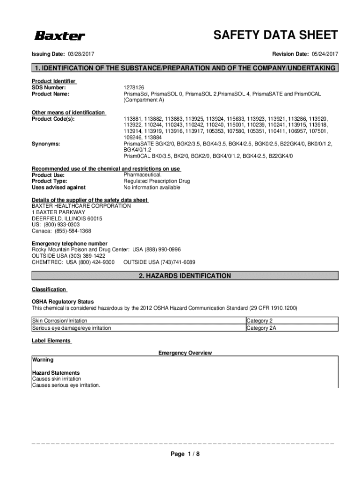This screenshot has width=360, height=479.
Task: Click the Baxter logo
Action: click(x=58, y=36)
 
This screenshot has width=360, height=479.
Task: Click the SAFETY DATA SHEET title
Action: click(x=275, y=35)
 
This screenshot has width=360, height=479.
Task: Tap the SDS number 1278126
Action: click(x=134, y=87)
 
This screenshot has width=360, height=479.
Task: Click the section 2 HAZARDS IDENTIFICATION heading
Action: click(x=185, y=276)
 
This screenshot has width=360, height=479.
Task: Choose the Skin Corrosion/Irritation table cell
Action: click(x=59, y=321)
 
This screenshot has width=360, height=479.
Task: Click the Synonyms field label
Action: click(x=45, y=144)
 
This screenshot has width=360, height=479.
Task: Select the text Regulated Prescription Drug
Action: click(x=157, y=181)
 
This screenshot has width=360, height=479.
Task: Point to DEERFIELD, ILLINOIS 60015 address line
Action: click(x=67, y=218)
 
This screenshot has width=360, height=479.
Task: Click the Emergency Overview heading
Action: click(x=185, y=353)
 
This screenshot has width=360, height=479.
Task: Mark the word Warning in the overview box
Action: click(x=43, y=360)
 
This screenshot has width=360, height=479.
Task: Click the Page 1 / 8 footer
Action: click(x=185, y=454)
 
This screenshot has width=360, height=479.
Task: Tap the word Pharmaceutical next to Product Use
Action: click(x=143, y=174)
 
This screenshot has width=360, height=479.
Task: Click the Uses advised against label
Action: click(x=58, y=187)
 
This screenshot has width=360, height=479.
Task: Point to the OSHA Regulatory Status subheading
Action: click(x=63, y=302)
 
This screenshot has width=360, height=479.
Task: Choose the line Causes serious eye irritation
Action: click(x=66, y=385)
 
